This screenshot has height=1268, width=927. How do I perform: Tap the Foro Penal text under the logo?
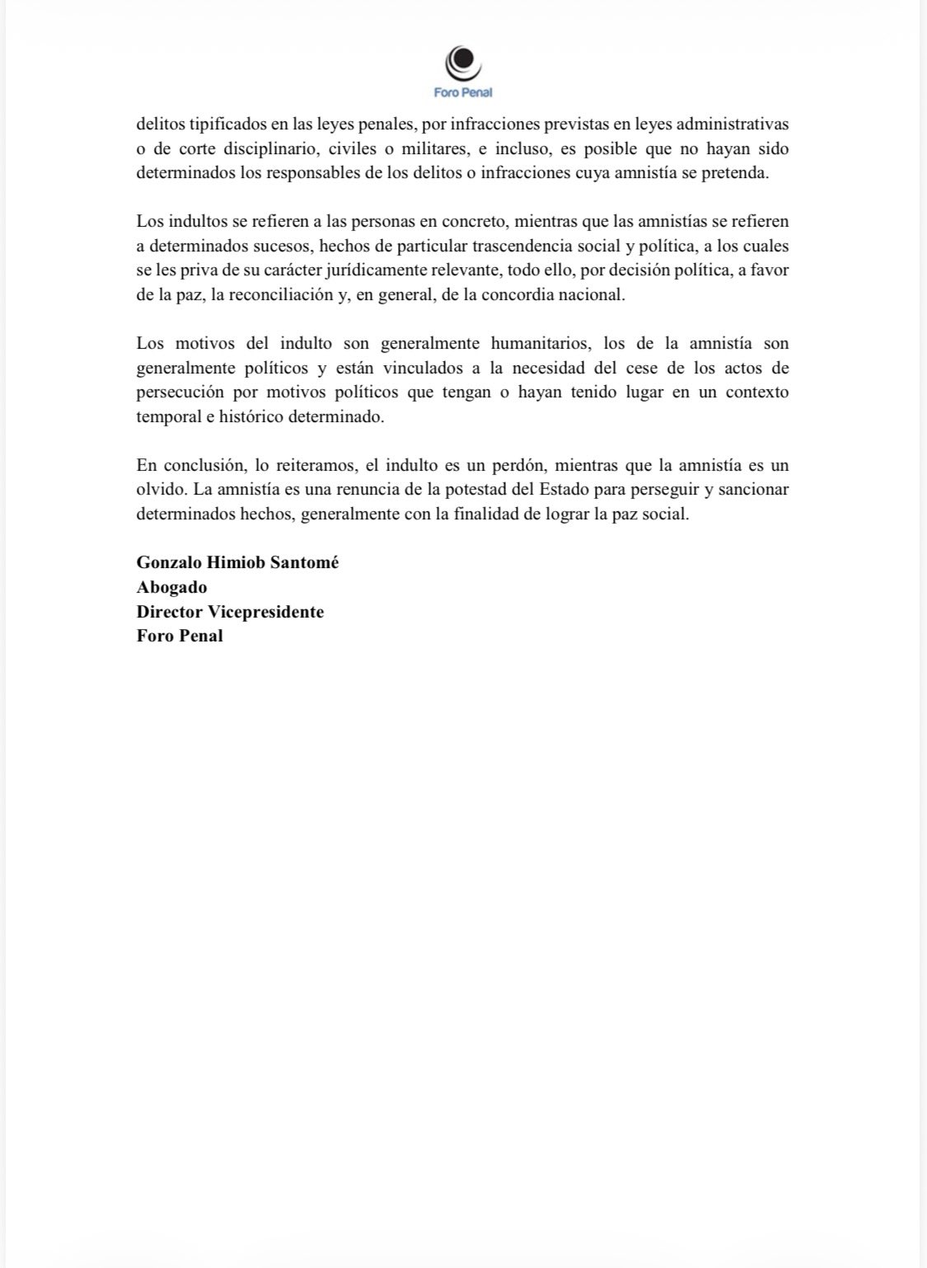coord(463,93)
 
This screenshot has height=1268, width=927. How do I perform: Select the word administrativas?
coord(733,124)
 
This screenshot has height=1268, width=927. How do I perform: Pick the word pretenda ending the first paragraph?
coord(736,173)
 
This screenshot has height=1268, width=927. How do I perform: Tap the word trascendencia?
coord(523,246)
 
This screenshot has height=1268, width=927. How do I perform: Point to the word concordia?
coord(508,294)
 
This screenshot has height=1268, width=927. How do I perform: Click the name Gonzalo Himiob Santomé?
coord(237,562)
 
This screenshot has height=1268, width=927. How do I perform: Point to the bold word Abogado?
coord(171,587)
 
